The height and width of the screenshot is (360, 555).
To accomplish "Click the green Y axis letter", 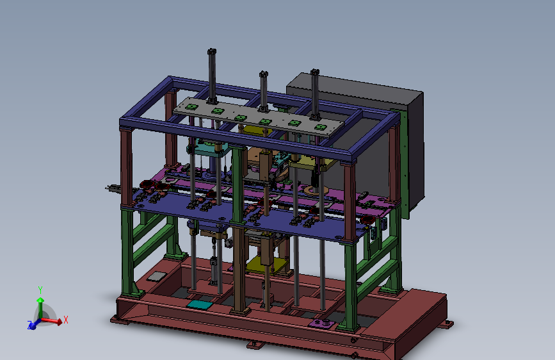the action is [x=40, y=290].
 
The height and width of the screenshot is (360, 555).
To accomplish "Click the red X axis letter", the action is [x=65, y=320].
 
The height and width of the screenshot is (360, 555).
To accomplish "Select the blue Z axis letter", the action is [x=29, y=324].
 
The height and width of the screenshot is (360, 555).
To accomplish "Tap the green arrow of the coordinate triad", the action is [x=41, y=307].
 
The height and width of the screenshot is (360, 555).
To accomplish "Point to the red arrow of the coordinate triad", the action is [x=52, y=321].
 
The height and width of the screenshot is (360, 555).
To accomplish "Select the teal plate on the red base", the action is [x=200, y=304].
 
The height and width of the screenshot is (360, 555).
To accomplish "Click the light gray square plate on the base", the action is [x=157, y=276].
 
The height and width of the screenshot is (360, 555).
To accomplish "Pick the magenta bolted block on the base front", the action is [x=321, y=323].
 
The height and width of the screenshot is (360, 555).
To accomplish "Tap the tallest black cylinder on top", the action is [x=212, y=76].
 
